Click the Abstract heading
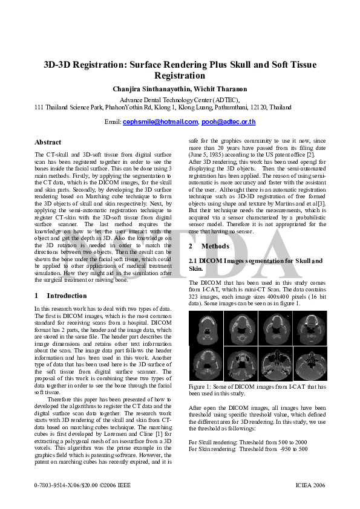48,143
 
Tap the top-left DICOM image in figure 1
206,328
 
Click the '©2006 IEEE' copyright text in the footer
109,485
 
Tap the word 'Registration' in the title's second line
180,76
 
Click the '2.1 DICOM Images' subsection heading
222,261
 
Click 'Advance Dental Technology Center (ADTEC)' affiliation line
180,100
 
